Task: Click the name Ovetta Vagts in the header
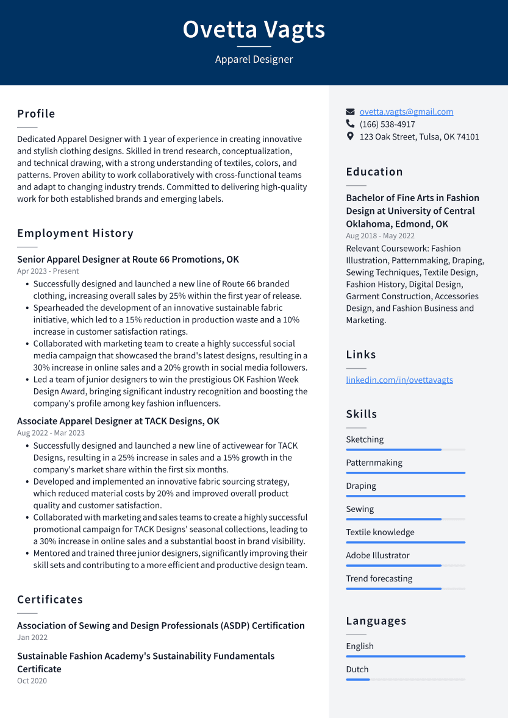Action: pyautogui.click(x=254, y=29)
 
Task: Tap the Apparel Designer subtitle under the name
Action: pyautogui.click(x=254, y=59)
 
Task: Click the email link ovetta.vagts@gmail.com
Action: pyautogui.click(x=406, y=112)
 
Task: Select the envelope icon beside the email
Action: pyautogui.click(x=350, y=112)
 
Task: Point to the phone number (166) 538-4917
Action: pyautogui.click(x=387, y=124)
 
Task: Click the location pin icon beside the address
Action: pyautogui.click(x=350, y=137)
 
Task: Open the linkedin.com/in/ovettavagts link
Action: pyautogui.click(x=399, y=380)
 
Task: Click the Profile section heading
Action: pyautogui.click(x=36, y=114)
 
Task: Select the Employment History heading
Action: pyautogui.click(x=75, y=233)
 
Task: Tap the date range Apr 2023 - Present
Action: pyautogui.click(x=48, y=271)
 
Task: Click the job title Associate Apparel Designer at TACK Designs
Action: pyautogui.click(x=118, y=421)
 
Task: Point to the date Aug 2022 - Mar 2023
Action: pyautogui.click(x=51, y=433)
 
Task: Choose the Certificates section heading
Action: pyautogui.click(x=50, y=600)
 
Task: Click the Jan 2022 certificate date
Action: pyautogui.click(x=32, y=638)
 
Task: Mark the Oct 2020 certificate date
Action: pyautogui.click(x=32, y=681)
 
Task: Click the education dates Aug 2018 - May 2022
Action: pyautogui.click(x=380, y=236)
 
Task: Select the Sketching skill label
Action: pyautogui.click(x=365, y=439)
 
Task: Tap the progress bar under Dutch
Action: pyautogui.click(x=406, y=679)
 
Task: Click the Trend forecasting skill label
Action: pyautogui.click(x=379, y=578)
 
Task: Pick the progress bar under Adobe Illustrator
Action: pyautogui.click(x=406, y=566)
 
